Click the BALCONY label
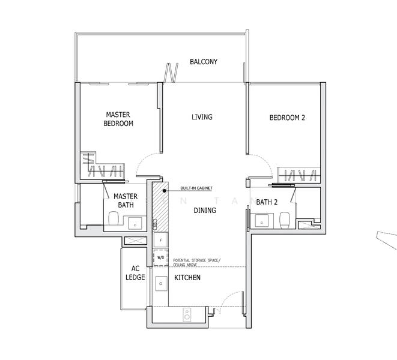pos(203,62)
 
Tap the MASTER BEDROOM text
pos(118,119)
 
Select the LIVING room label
pos(202,117)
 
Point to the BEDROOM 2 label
pos(286,118)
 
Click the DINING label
pos(204,211)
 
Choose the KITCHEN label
pos(187,278)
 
